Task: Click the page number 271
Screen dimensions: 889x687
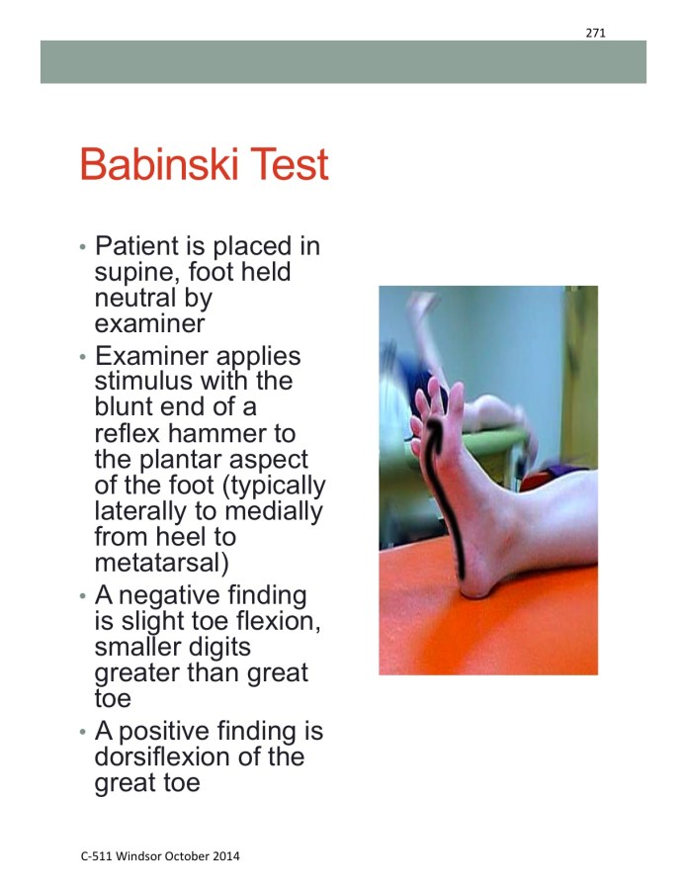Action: click(595, 33)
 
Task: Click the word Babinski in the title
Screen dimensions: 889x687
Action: click(159, 164)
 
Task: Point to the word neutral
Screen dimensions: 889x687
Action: click(137, 298)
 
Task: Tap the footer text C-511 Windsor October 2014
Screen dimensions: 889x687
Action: click(160, 855)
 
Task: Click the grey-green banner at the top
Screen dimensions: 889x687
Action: click(343, 61)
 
